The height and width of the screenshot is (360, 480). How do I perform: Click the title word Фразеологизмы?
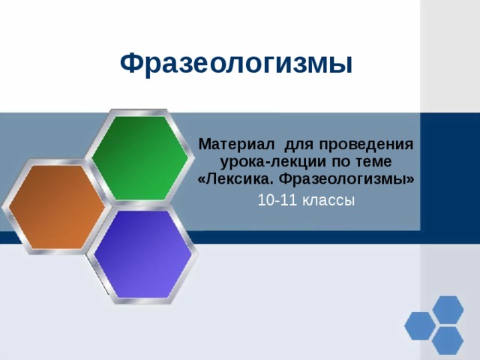(x=235, y=64)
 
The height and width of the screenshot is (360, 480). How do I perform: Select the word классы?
(x=328, y=200)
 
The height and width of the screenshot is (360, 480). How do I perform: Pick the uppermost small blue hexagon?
(x=448, y=309)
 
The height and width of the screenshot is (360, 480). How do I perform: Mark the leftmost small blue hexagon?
(x=419, y=325)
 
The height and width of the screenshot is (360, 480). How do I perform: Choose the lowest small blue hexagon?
(x=448, y=341)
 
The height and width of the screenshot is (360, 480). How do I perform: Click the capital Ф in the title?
(x=130, y=64)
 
